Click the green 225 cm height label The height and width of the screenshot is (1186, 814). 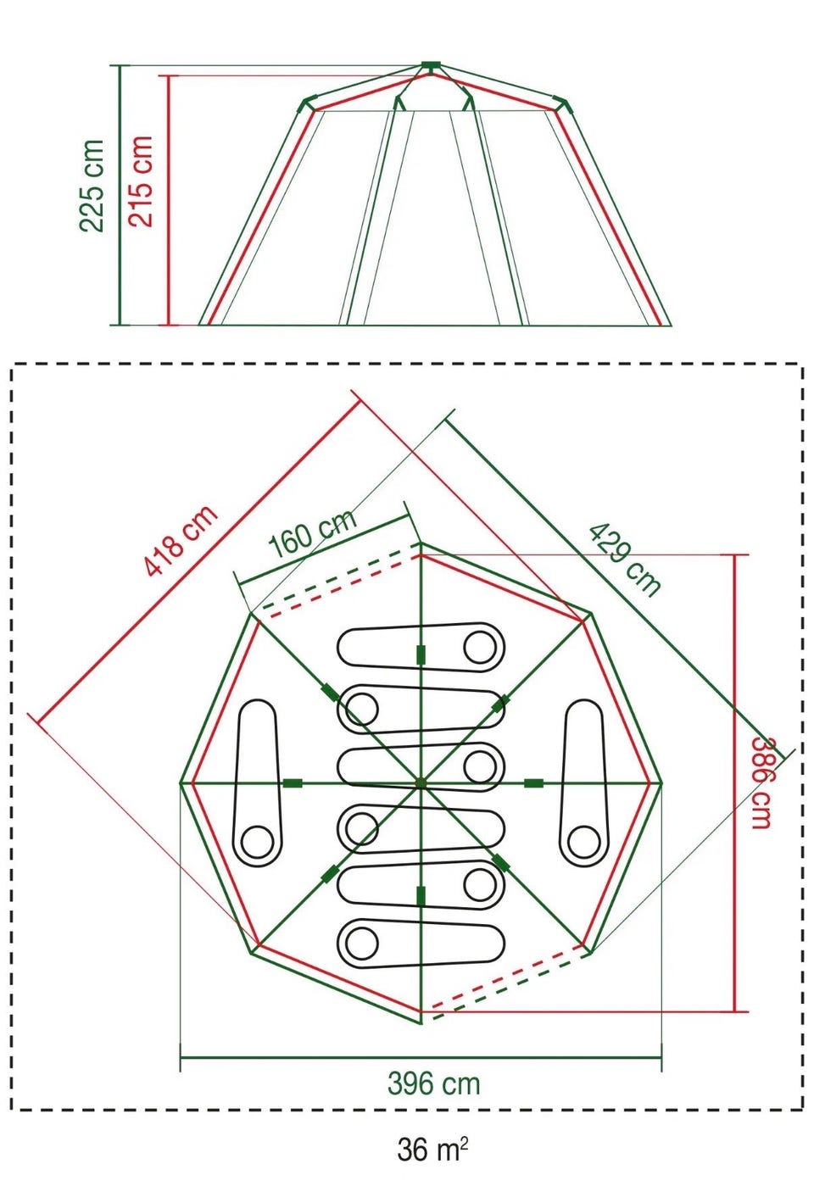click(x=91, y=186)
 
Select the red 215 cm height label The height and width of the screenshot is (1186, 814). click(x=141, y=181)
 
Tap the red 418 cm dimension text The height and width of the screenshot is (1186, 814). click(x=181, y=539)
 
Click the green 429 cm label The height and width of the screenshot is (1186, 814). click(x=626, y=560)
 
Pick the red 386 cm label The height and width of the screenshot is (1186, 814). click(x=762, y=783)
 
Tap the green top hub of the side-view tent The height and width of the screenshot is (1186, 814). click(x=431, y=65)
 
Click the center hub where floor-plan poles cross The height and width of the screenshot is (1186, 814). click(x=421, y=782)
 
